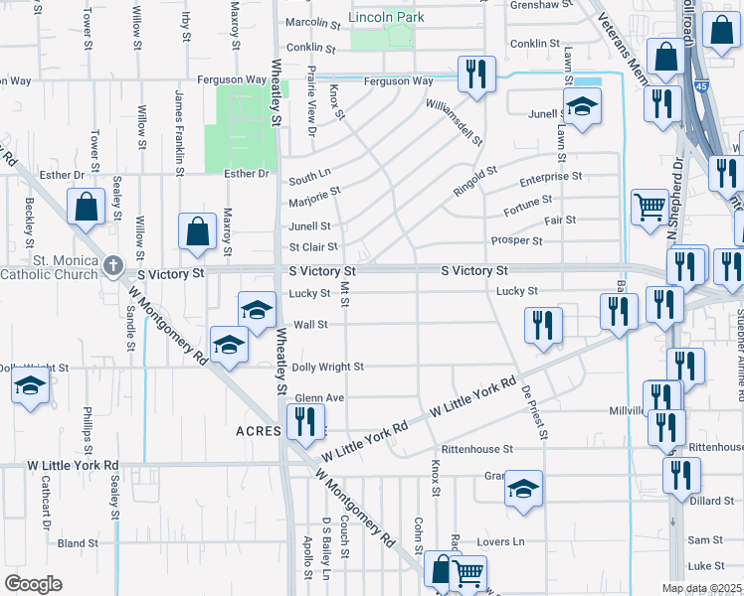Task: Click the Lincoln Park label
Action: (386, 17)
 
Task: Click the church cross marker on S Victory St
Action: (113, 267)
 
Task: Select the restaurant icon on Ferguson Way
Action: (476, 73)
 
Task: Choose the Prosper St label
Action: (516, 240)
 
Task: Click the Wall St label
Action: (310, 324)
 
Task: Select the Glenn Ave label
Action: (317, 397)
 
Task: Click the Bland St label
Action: (78, 543)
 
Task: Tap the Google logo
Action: (33, 584)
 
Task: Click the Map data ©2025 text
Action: (702, 588)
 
